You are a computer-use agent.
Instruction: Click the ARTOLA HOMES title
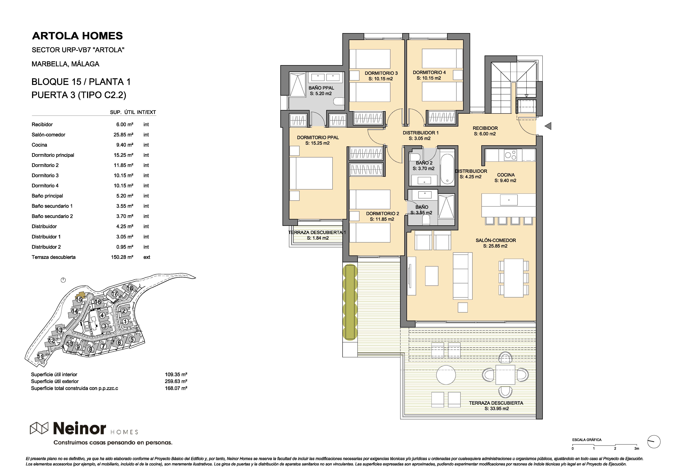pos(78,36)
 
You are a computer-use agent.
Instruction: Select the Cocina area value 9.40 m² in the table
pos(125,145)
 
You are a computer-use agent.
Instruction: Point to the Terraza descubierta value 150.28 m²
pos(122,257)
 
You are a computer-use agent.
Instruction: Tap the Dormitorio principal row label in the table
pos(53,155)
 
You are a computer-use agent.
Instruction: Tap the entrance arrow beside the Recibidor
pos(548,126)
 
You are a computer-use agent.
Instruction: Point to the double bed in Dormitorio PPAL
pos(311,173)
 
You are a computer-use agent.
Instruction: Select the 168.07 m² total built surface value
pos(176,388)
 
